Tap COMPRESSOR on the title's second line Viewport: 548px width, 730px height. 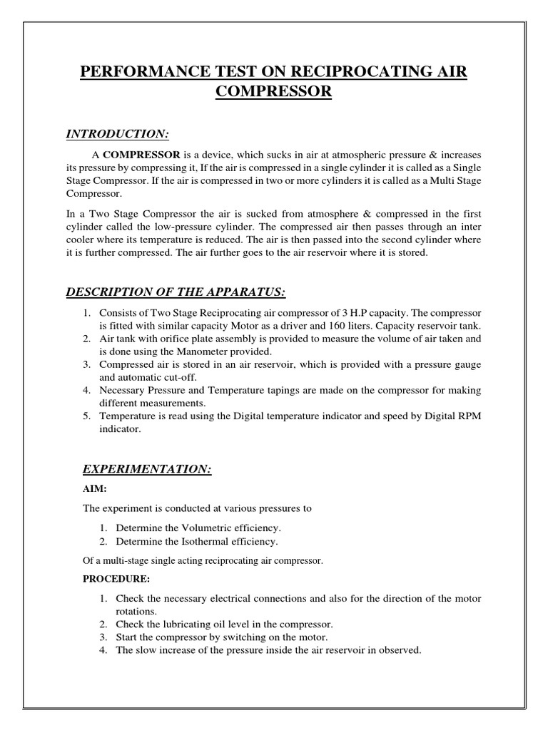coord(273,93)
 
